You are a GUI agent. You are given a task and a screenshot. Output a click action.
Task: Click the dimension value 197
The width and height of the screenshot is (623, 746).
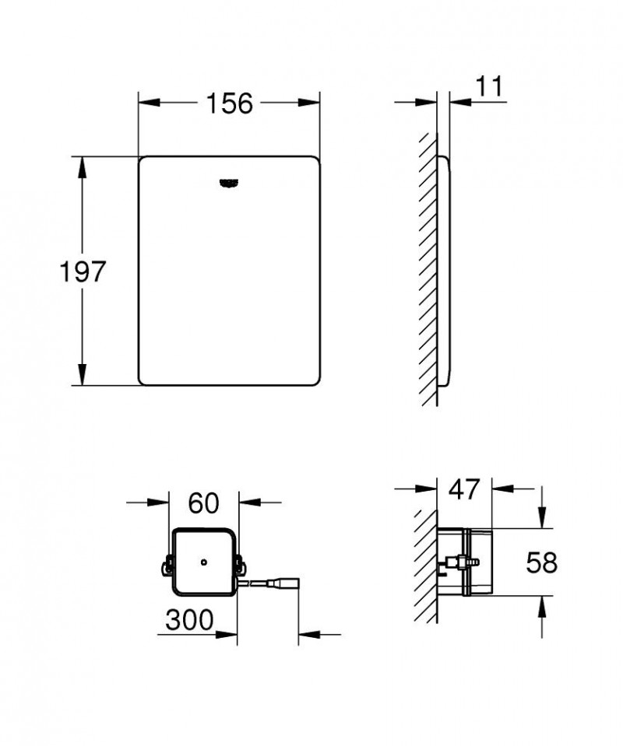(x=83, y=271)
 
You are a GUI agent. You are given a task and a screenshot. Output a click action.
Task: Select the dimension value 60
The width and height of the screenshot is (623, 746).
(x=203, y=503)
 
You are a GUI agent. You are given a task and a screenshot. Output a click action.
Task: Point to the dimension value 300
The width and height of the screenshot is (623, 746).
(x=189, y=620)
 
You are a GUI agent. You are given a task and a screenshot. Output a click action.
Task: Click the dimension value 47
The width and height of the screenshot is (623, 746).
(x=464, y=489)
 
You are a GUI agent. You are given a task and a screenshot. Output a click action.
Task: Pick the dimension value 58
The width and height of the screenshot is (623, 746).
(x=542, y=562)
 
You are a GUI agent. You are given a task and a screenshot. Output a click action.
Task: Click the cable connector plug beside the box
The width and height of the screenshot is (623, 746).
(x=284, y=581)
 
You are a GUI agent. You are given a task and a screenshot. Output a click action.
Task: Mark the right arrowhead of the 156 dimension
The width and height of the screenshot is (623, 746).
(x=312, y=103)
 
